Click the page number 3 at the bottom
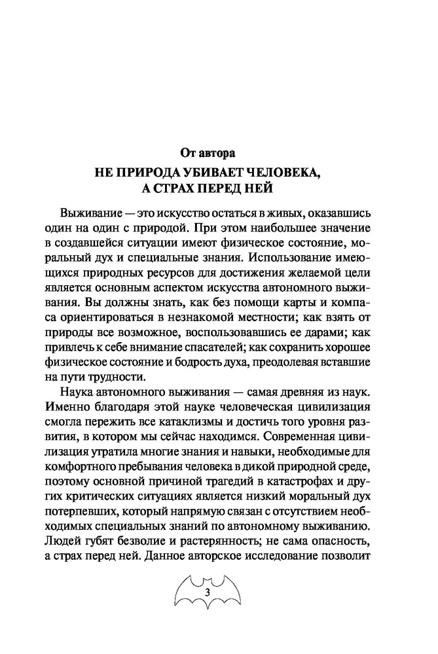208,593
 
